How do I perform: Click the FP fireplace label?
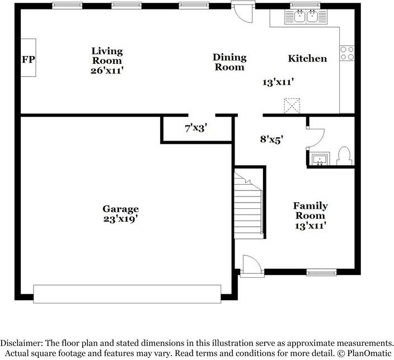[29, 59]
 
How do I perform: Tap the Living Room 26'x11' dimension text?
[107, 71]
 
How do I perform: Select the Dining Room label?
[229, 62]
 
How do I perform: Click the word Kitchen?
[307, 59]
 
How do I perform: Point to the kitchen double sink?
[306, 17]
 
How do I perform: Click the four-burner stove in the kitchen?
[347, 53]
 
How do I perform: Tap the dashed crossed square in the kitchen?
[292, 106]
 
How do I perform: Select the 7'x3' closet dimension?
[196, 128]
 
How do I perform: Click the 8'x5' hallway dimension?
[271, 139]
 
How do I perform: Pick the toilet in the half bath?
[345, 156]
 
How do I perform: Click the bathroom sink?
[320, 159]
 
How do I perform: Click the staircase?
[248, 205]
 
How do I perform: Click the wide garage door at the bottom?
[127, 294]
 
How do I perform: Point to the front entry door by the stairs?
[252, 267]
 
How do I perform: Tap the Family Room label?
[310, 211]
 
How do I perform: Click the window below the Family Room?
[321, 272]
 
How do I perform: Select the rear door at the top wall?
[243, 12]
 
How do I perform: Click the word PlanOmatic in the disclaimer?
[369, 353]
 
